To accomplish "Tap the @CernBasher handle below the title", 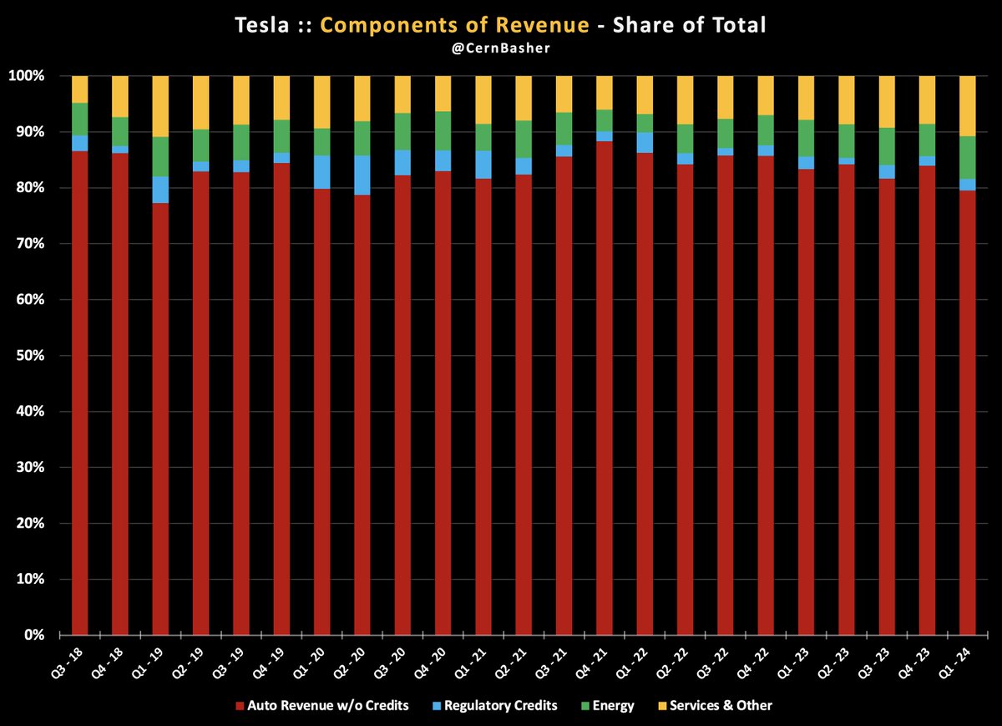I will [x=501, y=48].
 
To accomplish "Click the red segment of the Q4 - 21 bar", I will [x=605, y=384].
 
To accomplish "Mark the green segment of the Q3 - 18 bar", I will [x=80, y=119].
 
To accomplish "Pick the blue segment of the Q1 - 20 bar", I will [x=322, y=172].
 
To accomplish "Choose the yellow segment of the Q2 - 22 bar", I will [x=686, y=99].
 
